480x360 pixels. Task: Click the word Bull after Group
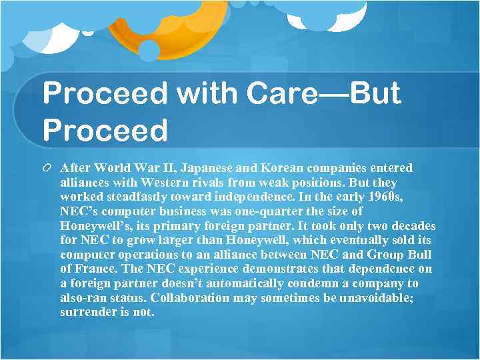pyautogui.click(x=418, y=255)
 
